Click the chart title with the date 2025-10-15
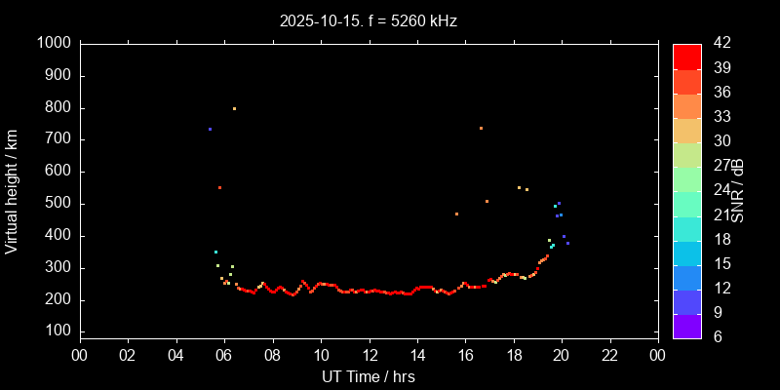coord(368,19)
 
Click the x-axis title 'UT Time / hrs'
coord(368,376)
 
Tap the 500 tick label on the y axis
coord(57,204)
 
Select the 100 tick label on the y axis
coord(57,332)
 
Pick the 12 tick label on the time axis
coord(370,356)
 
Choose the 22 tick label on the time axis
coord(609,356)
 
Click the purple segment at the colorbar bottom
coord(686,326)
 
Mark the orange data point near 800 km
coord(234,108)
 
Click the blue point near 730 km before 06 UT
coord(210,129)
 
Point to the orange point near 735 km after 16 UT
coord(481,128)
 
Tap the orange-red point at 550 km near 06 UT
coord(219,187)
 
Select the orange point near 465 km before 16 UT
coord(456,214)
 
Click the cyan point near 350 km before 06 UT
coord(215,252)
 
